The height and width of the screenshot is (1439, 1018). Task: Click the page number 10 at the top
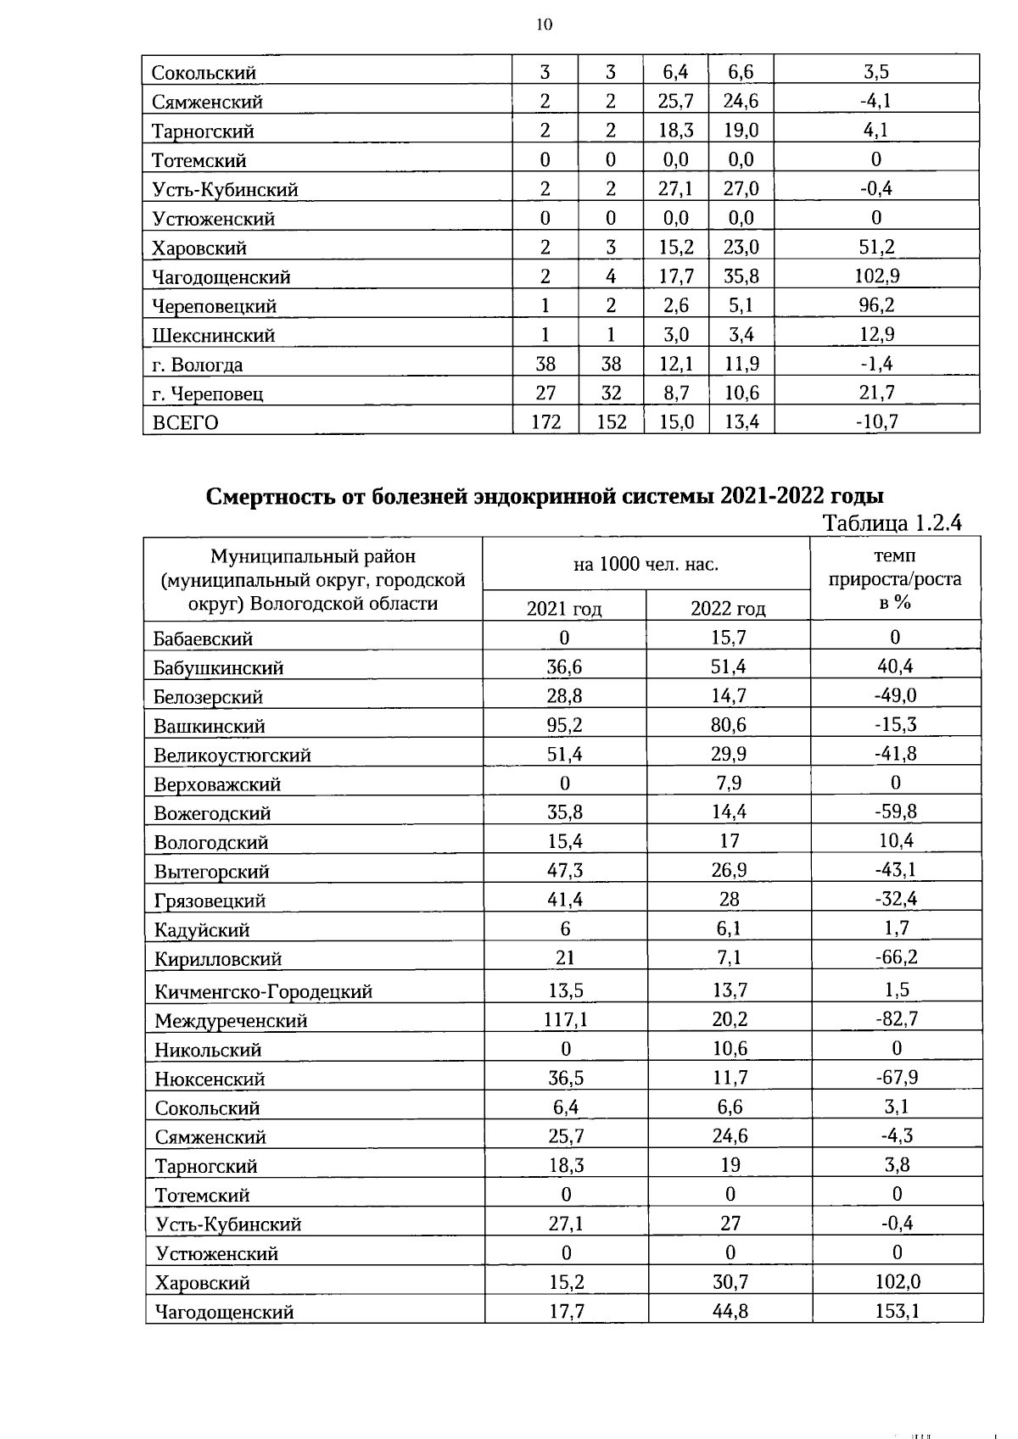tap(544, 25)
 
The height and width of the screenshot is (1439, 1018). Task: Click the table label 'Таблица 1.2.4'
tap(892, 523)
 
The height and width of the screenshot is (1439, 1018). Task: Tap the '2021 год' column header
tap(563, 608)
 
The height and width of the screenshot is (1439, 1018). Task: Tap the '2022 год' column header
tap(728, 608)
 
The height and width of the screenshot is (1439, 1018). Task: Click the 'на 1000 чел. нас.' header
tap(646, 564)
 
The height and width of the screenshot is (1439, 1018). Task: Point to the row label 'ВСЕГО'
tap(185, 422)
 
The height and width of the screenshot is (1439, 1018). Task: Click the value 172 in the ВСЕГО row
tap(545, 421)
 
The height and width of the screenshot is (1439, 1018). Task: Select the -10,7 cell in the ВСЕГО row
tap(876, 421)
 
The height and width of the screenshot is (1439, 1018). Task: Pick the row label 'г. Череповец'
tap(208, 393)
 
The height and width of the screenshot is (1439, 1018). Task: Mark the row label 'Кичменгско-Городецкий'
tap(263, 991)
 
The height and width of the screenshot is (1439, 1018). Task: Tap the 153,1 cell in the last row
tap(897, 1312)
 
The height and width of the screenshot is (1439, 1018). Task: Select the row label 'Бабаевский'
tap(203, 639)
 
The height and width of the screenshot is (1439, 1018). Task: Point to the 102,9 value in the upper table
tap(876, 276)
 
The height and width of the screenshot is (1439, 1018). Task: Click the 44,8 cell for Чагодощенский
tap(730, 1312)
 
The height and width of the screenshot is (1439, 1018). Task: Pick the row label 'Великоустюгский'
tap(232, 755)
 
